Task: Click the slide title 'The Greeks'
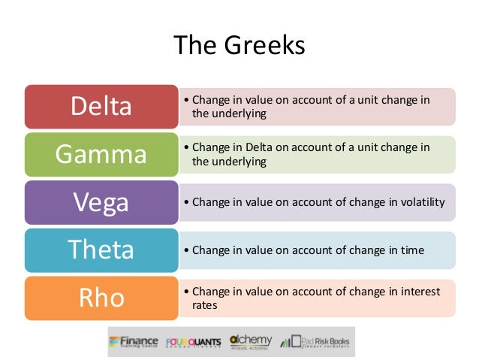coord(239,46)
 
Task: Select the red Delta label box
coord(101,107)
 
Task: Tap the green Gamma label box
coord(101,154)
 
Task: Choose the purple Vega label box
coord(101,202)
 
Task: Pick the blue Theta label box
coord(101,250)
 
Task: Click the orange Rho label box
coord(101,298)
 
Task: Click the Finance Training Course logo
coord(134,342)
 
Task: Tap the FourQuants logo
coord(194,342)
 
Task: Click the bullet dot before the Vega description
coord(186,202)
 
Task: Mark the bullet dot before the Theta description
coord(186,250)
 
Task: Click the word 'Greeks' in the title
coord(268,46)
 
